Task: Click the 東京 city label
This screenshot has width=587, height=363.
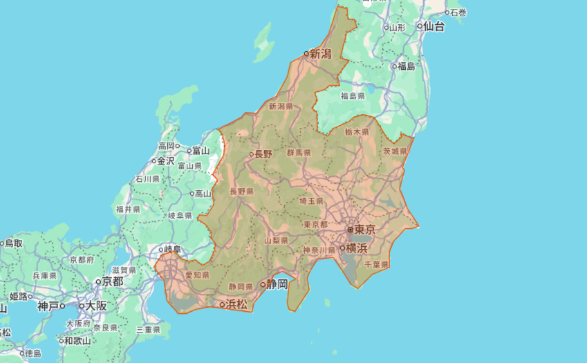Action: tap(365, 229)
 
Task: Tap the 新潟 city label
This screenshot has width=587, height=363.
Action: tap(321, 53)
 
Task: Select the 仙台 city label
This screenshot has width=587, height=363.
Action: tap(434, 26)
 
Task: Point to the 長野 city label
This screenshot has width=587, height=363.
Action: tap(263, 154)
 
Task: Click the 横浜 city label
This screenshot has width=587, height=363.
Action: tap(357, 248)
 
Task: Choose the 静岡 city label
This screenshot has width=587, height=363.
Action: tap(277, 283)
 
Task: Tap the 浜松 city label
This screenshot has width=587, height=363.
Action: tap(236, 304)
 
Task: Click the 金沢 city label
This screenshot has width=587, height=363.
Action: tap(166, 160)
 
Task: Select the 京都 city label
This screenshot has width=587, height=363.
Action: tap(112, 281)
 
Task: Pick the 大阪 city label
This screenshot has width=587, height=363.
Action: tap(96, 305)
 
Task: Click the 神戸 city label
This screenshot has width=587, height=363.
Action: tap(48, 305)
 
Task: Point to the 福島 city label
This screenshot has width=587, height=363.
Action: tap(406, 66)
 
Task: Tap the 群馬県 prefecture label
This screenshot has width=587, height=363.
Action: tap(299, 152)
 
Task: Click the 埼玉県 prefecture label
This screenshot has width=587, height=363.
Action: tap(311, 201)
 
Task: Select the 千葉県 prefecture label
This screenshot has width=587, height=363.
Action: tap(376, 264)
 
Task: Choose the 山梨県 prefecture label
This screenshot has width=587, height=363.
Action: tap(276, 240)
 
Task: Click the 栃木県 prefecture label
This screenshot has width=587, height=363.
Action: tap(357, 131)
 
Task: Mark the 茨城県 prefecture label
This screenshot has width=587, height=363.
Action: tap(395, 151)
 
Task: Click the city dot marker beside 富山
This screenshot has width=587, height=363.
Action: tap(189, 150)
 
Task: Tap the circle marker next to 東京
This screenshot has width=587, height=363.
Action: tap(351, 229)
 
